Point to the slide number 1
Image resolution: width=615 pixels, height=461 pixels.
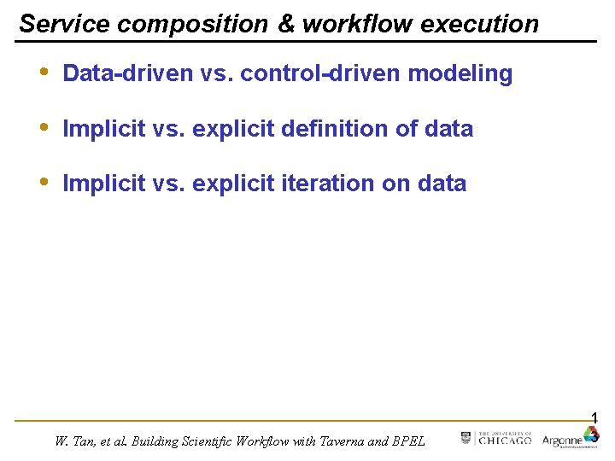pyautogui.click(x=594, y=417)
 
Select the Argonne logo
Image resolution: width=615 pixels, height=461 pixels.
pyautogui.click(x=571, y=439)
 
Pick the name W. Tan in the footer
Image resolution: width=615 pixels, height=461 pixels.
pyautogui.click(x=73, y=441)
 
